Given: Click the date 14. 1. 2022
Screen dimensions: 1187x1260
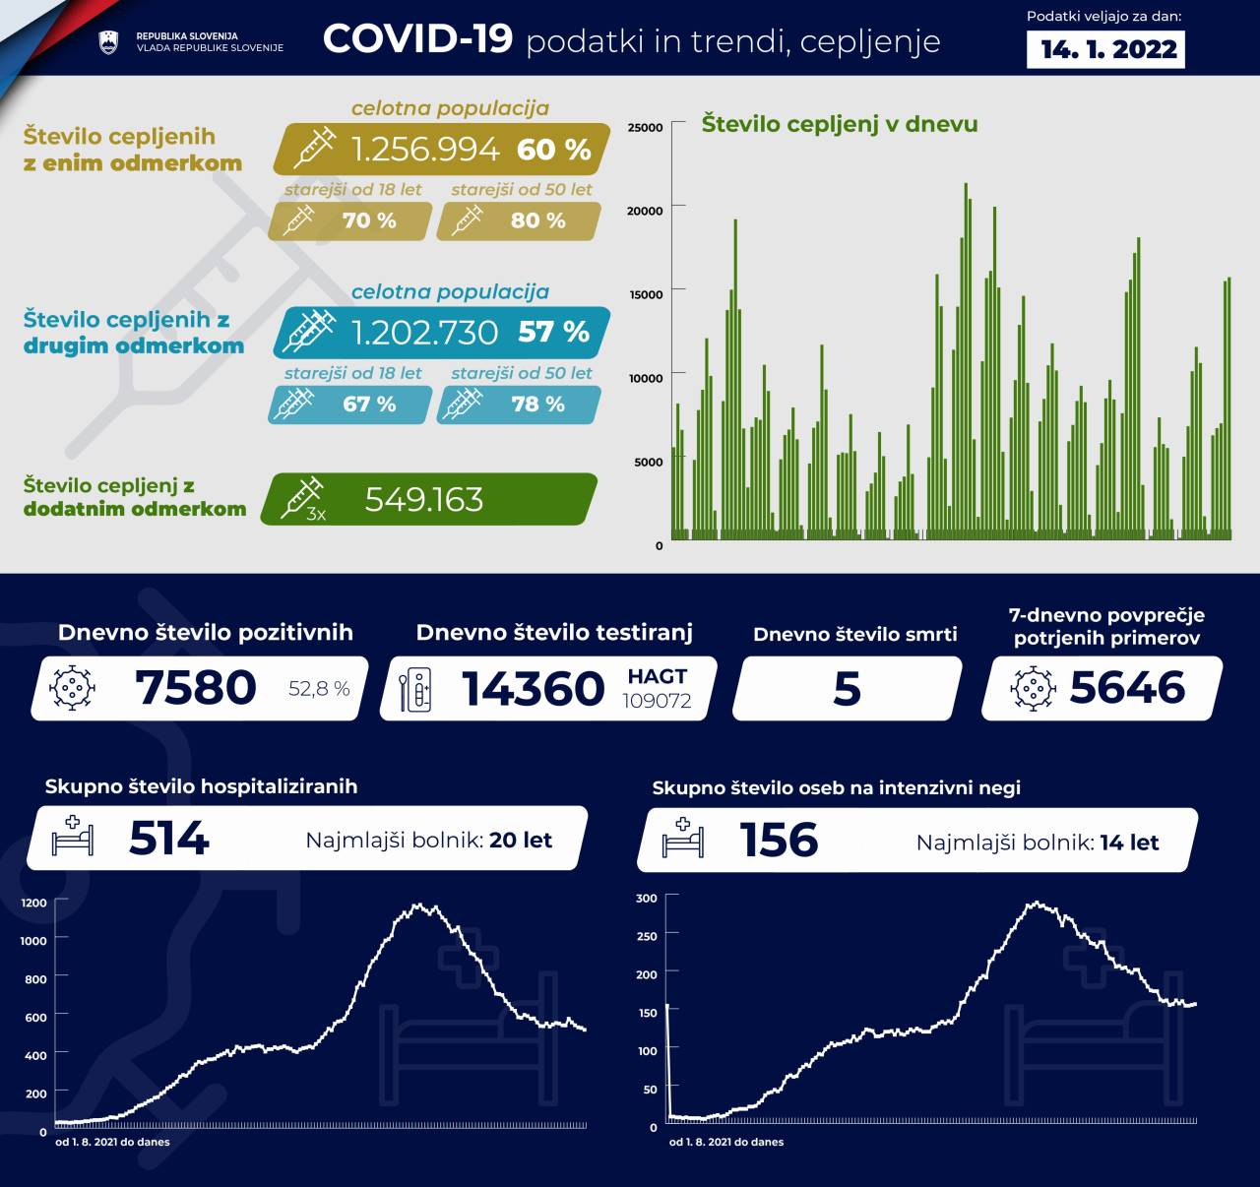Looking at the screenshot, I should pyautogui.click(x=1108, y=49).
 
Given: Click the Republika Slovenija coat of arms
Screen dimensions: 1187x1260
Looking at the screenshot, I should pyautogui.click(x=108, y=41).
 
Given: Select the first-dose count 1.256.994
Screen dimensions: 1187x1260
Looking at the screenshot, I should pyautogui.click(x=425, y=150).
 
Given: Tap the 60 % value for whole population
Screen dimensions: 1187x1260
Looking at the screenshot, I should pyautogui.click(x=553, y=150).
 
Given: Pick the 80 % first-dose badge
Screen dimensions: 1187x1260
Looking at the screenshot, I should pyautogui.click(x=537, y=220).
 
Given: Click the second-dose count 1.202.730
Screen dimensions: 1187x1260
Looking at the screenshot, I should pyautogui.click(x=425, y=333).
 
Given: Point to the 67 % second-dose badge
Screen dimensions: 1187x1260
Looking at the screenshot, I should pyautogui.click(x=369, y=405).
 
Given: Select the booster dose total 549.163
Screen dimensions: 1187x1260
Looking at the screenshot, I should pyautogui.click(x=424, y=500).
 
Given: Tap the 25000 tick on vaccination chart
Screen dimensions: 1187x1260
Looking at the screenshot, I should pyautogui.click(x=645, y=127).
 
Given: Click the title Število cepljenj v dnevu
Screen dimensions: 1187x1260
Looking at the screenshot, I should pyautogui.click(x=840, y=124).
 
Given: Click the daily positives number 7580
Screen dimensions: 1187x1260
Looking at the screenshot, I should pyautogui.click(x=196, y=688).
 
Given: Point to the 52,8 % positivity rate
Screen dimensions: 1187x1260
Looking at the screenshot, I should pyautogui.click(x=319, y=689).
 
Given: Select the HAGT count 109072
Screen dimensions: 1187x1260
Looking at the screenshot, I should pyautogui.click(x=657, y=701).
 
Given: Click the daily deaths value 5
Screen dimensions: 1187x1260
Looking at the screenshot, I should pyautogui.click(x=847, y=688).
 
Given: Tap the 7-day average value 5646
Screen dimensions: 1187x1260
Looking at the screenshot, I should pyautogui.click(x=1127, y=688).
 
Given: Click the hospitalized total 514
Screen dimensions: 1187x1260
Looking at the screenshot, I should pyautogui.click(x=169, y=840).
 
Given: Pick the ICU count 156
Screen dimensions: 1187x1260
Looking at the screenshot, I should pyautogui.click(x=779, y=841).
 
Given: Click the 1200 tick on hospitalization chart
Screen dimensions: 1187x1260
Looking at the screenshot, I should pyautogui.click(x=33, y=903).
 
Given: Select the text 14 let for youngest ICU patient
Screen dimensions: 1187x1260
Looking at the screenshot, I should pyautogui.click(x=1129, y=843).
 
